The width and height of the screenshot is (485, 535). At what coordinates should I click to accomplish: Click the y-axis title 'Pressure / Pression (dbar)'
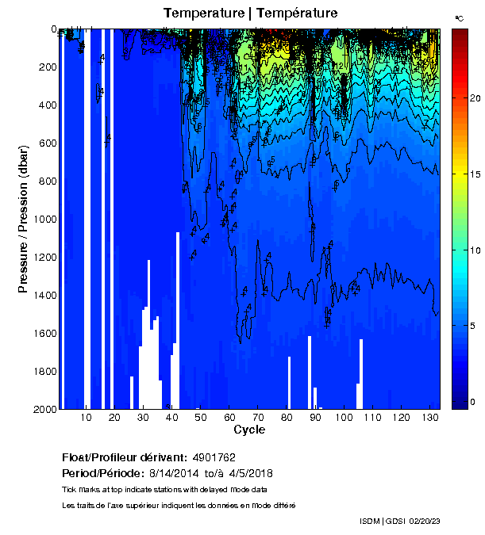coord(24,219)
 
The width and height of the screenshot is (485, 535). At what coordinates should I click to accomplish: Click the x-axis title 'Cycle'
coord(249,430)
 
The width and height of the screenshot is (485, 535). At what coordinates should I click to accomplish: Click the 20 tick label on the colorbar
coord(475,98)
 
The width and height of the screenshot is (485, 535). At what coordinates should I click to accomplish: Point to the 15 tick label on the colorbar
coord(475,174)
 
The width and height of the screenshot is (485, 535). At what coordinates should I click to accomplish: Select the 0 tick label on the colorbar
coord(472,402)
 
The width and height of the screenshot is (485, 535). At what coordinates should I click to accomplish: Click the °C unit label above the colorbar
coord(460,17)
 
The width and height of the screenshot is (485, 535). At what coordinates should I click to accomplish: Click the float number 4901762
coord(214,458)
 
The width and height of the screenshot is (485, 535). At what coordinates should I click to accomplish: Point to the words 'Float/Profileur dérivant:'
coord(123,458)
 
